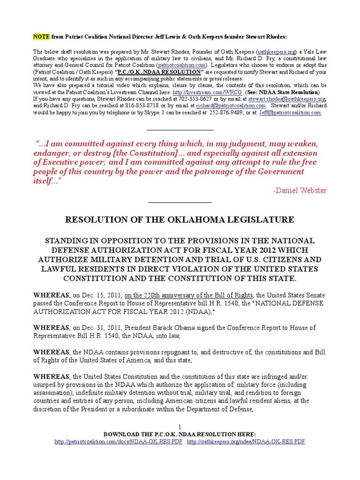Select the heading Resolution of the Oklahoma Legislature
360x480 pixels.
coord(180,219)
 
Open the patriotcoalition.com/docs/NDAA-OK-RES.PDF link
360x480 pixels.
coord(118,442)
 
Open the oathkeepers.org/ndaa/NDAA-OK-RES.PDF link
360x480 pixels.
coord(246,442)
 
